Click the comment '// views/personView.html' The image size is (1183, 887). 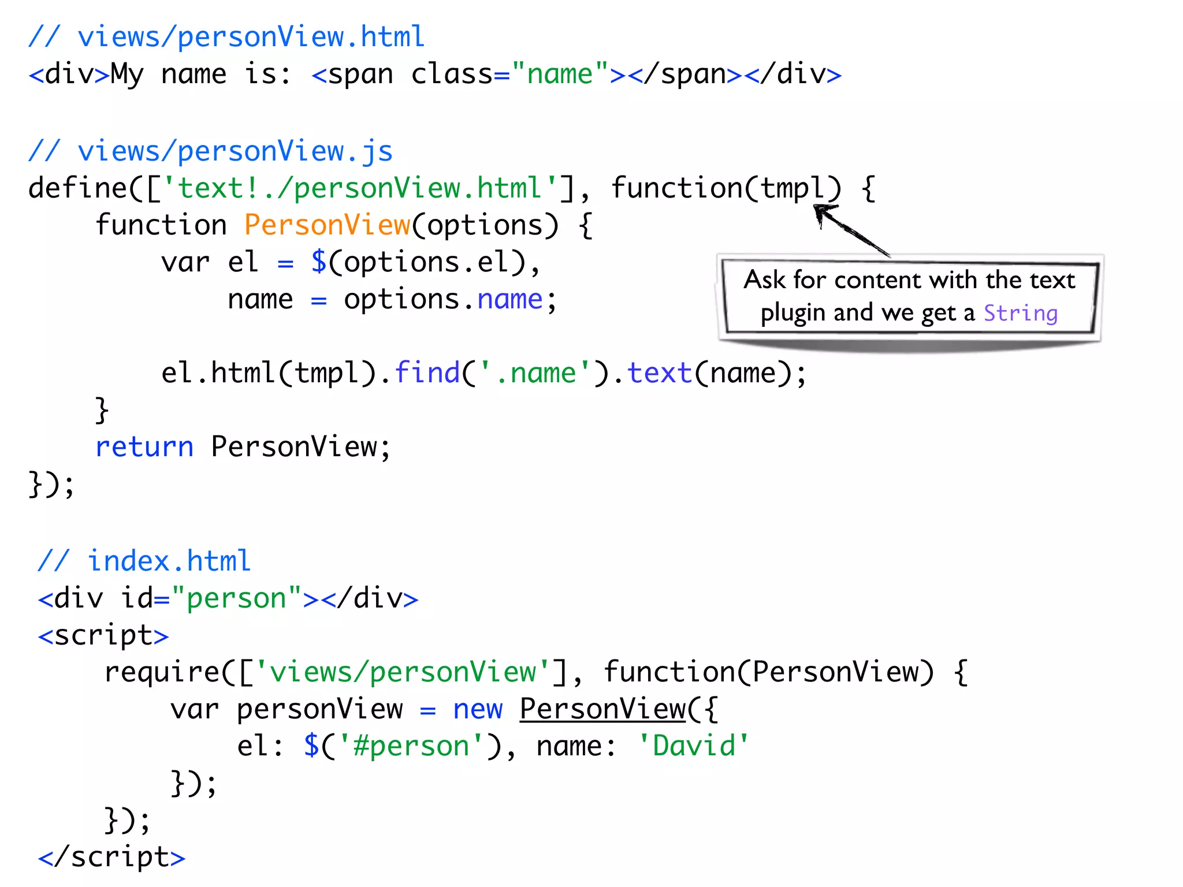(x=226, y=38)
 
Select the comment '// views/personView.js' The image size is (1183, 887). (x=211, y=152)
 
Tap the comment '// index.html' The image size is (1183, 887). (x=144, y=561)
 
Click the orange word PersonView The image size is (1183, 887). (x=327, y=225)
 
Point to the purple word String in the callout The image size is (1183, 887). (x=1020, y=314)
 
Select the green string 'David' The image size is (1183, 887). (x=693, y=746)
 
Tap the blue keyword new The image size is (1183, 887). (x=478, y=710)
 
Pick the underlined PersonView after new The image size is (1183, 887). (x=602, y=710)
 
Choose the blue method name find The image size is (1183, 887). (x=427, y=373)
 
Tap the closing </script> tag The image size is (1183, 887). (x=111, y=857)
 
